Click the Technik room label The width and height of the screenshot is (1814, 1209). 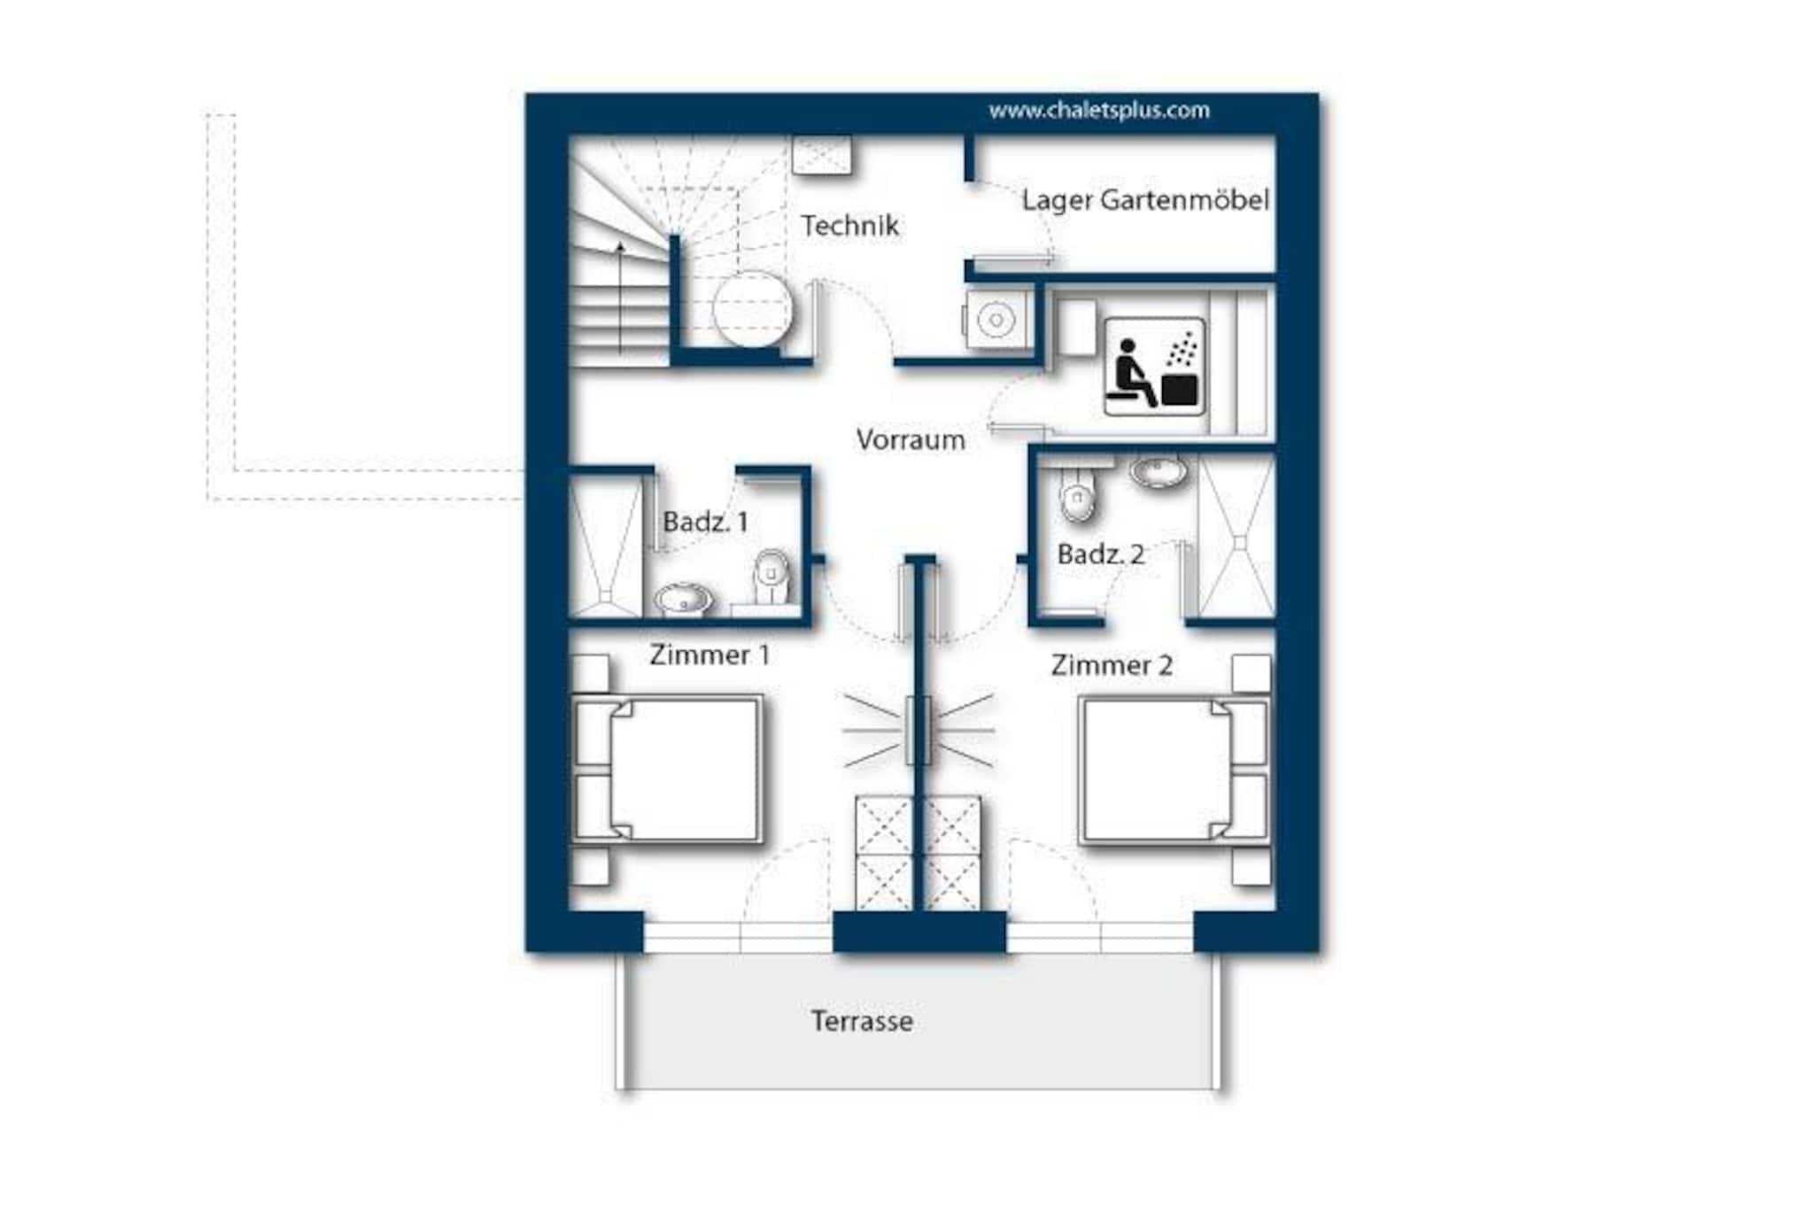point(849,226)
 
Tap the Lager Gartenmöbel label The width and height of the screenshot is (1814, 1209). point(1145,200)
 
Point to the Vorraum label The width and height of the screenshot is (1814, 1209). point(911,440)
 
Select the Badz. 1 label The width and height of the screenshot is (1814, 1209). point(705,522)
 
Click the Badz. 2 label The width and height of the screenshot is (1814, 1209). point(1101,554)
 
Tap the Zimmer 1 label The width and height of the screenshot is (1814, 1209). point(709,655)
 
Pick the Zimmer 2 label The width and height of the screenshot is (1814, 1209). point(1112,665)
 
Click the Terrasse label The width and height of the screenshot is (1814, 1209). point(862,1021)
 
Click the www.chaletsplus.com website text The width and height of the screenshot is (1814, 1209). point(1099,111)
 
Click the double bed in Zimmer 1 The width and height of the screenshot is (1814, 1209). point(668,769)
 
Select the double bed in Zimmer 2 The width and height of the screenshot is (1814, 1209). point(1174,769)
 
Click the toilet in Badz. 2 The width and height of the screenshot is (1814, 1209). point(1077,494)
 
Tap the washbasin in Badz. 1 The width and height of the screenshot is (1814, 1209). point(683,600)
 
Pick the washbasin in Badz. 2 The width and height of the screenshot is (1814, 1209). point(1159,472)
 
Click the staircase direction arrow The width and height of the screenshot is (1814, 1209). point(620,297)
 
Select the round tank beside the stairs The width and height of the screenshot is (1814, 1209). point(753,308)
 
